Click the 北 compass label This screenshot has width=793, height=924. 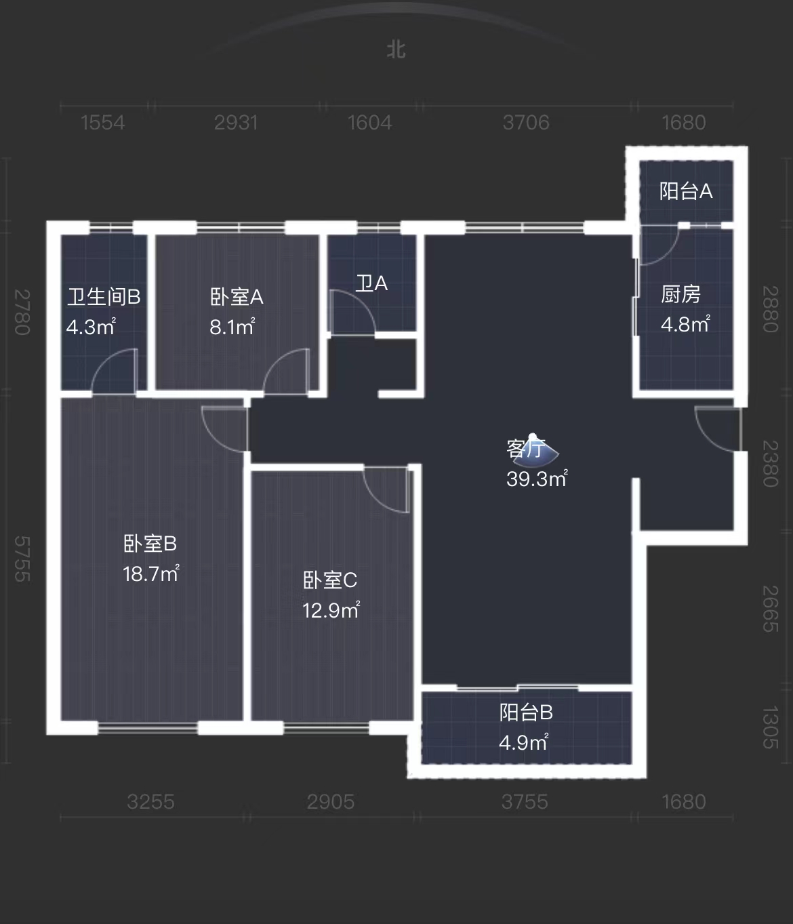[x=396, y=49]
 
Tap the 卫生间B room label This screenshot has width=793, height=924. [x=104, y=297]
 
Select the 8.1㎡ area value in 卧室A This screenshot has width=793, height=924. [x=232, y=327]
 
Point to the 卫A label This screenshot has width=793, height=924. [x=371, y=283]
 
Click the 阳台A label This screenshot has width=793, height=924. [x=686, y=191]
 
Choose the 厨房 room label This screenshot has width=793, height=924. [x=680, y=294]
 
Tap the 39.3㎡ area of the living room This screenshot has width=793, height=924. [x=537, y=479]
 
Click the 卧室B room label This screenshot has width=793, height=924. [x=150, y=544]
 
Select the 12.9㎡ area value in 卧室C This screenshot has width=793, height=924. [x=331, y=609]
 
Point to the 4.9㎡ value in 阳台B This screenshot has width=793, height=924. [x=523, y=742]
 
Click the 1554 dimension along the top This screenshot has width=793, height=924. [x=103, y=123]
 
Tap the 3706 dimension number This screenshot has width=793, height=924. [x=526, y=123]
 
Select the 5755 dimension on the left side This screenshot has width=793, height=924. [x=22, y=559]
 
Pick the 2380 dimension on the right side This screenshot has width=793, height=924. [x=770, y=464]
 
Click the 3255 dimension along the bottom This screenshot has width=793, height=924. [x=150, y=802]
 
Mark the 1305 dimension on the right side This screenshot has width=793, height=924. [x=770, y=727]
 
